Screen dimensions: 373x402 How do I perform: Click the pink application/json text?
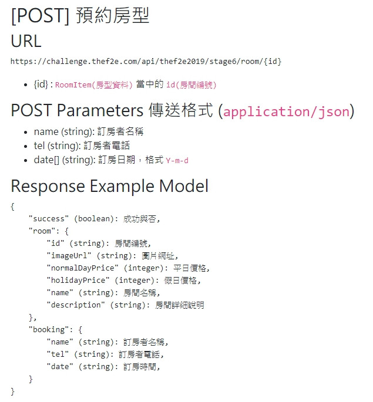[x=286, y=111]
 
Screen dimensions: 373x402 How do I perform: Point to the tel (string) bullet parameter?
[x=56, y=146]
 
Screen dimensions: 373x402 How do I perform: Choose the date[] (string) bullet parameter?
[x=65, y=160]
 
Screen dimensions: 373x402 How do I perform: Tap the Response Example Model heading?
[x=109, y=186]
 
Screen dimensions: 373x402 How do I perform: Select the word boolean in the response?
[x=96, y=219]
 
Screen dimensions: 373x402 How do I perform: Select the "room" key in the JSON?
[x=42, y=231]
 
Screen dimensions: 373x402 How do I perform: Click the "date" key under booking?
[x=60, y=367]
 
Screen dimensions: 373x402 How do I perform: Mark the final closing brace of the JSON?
[x=13, y=391]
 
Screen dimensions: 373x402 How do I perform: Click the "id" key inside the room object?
[x=55, y=244]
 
